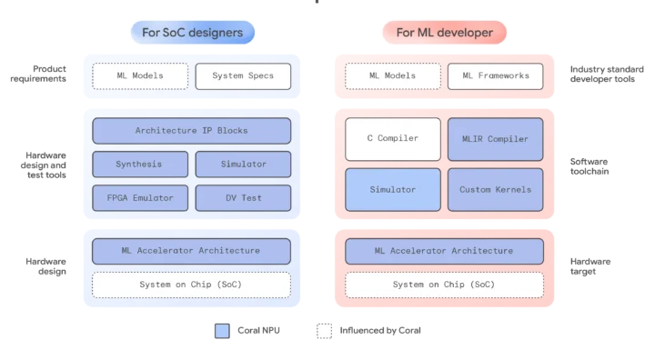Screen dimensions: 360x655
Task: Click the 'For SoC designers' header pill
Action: [191, 34]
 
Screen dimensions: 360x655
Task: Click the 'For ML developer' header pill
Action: [443, 34]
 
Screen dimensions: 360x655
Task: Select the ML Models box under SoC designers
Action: [140, 76]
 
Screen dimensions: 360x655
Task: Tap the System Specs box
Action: [243, 76]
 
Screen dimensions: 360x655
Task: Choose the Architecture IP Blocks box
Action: [191, 131]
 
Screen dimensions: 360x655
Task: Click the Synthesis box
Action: [140, 165]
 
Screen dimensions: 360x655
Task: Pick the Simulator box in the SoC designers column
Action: [243, 165]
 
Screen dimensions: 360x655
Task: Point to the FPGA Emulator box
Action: [140, 198]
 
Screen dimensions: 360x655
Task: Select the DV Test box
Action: [243, 198]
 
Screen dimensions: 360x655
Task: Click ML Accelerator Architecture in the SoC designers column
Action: [191, 251]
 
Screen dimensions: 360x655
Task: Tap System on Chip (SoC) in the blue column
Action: [191, 285]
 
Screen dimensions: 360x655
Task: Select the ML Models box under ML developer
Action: [392, 76]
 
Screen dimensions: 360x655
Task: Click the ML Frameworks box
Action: [495, 76]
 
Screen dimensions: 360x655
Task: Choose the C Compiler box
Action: [392, 139]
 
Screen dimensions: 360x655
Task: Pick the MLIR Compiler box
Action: [495, 139]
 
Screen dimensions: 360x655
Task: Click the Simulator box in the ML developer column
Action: [392, 190]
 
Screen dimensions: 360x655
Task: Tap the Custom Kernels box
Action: [495, 190]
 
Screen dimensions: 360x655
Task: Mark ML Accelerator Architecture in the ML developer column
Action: [444, 251]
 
